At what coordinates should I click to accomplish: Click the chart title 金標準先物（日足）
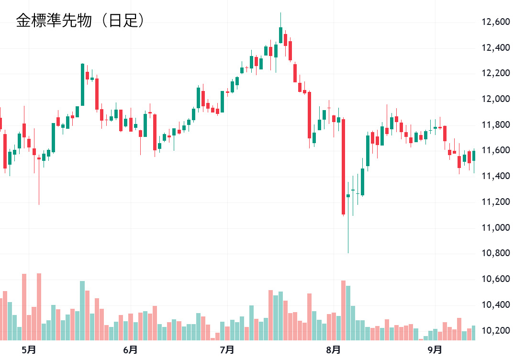coord(80,21)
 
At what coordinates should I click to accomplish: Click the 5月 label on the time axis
coord(29,350)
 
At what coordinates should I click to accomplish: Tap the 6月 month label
coord(130,350)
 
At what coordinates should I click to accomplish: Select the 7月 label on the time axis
coord(227,350)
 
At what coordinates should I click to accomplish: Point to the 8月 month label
coord(333,350)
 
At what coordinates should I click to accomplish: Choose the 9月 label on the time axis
coord(435,350)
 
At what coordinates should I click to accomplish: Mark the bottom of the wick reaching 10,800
coord(348,252)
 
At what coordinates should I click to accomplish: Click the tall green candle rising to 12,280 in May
coord(82,84)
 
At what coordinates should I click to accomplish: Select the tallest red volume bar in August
coord(343,310)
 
